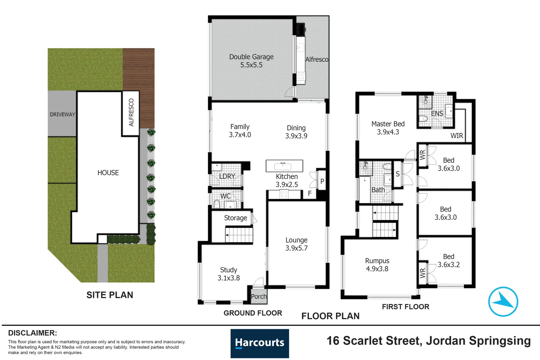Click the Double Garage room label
251,57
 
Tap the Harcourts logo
260,343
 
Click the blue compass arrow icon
503,301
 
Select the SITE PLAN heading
110,295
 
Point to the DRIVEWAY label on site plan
62,114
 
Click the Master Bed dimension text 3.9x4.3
388,132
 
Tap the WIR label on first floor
457,136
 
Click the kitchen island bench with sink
284,166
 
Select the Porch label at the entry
259,296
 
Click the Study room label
229,270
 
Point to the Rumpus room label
377,261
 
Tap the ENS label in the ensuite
437,114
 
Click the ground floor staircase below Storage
239,235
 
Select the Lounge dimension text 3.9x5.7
296,248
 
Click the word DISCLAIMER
32,333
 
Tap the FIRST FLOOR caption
405,307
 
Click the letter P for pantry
322,181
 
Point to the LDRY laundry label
227,176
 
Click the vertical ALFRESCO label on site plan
131,112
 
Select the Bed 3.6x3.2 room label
448,260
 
